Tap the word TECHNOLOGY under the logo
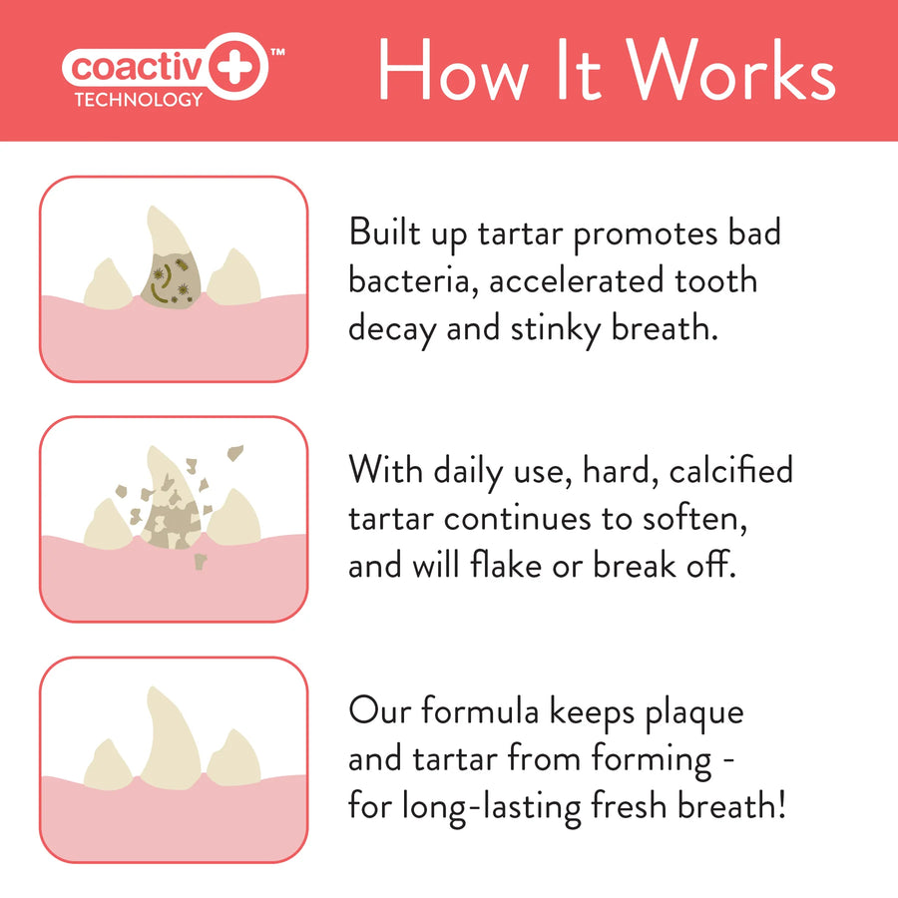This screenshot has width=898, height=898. [x=138, y=100]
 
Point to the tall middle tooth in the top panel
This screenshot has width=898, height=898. [x=166, y=239]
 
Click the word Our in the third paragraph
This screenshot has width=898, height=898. [x=379, y=711]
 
